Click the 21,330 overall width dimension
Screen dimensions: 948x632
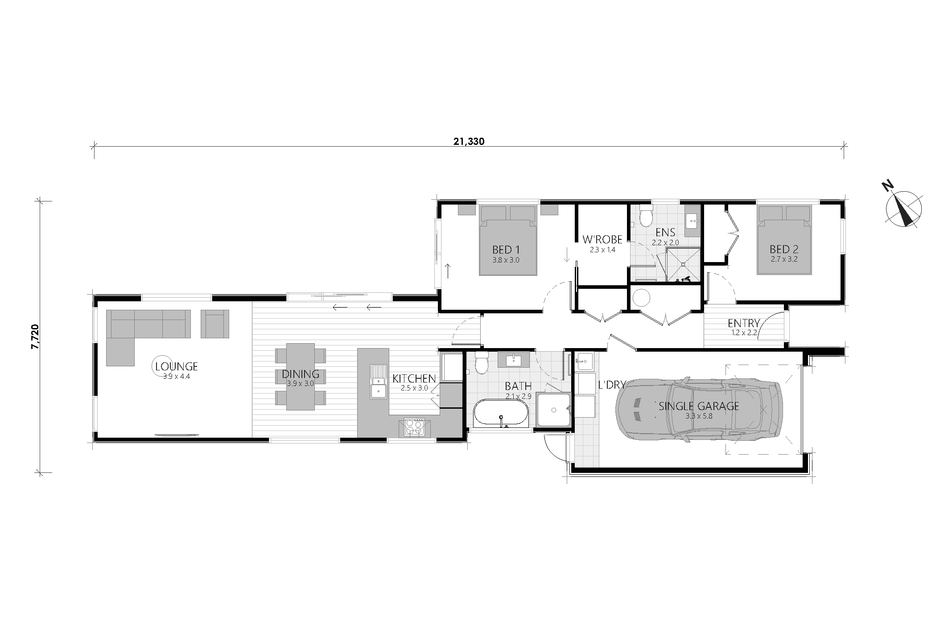pos(469,142)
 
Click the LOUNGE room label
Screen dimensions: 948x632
pos(177,367)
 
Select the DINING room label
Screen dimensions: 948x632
pos(301,374)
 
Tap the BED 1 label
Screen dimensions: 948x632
pos(506,250)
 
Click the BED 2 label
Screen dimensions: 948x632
pos(783,249)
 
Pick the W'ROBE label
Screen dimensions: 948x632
pos(602,240)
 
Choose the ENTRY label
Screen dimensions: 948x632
pos(743,323)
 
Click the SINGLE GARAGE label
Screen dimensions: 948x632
pos(699,406)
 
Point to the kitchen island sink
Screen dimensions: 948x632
pos(378,382)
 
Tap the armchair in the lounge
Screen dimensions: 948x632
pos(215,324)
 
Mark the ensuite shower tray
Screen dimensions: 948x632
pos(683,265)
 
